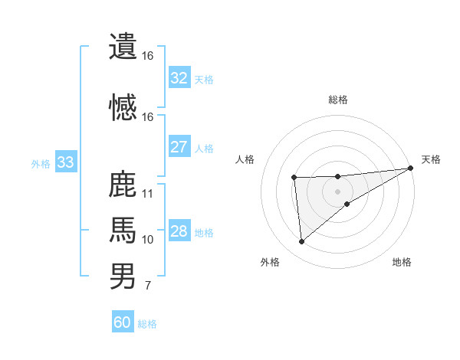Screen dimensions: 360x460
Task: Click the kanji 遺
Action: tap(123, 46)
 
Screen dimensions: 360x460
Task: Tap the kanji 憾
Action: tap(123, 106)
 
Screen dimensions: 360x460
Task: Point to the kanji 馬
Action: tap(123, 230)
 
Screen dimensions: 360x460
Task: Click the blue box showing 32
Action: tap(179, 78)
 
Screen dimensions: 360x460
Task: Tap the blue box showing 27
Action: tap(179, 147)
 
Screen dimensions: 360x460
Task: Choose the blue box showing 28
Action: tap(179, 231)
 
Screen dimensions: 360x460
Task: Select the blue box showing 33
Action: tap(65, 162)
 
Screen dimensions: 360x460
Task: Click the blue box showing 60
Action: tap(123, 322)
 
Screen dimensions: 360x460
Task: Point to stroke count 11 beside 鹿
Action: tap(148, 193)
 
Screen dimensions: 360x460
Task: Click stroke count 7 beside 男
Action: tap(147, 286)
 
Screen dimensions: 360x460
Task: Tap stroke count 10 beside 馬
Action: tap(148, 240)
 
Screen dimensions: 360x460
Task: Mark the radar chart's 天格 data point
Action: tap(411, 169)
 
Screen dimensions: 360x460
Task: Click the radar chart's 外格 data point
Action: tap(301, 241)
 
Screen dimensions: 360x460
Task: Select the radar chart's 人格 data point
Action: tap(294, 178)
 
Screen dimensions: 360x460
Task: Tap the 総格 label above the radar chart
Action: tap(337, 100)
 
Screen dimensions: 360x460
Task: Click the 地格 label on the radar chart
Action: tap(402, 262)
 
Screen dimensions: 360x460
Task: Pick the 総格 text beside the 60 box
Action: tap(147, 324)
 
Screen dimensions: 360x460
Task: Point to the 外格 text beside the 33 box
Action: tap(40, 163)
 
